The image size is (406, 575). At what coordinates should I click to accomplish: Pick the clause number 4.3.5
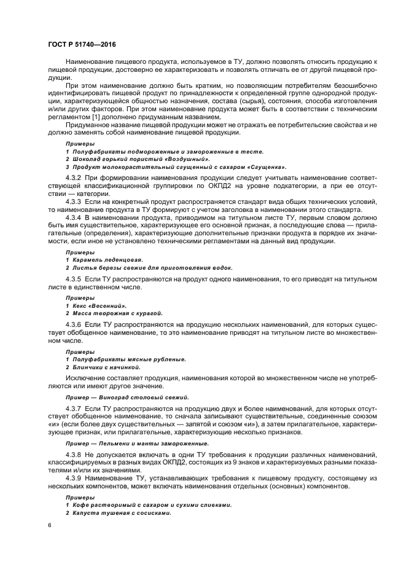click(74, 279)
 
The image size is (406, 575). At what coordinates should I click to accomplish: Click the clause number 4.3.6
click(74, 323)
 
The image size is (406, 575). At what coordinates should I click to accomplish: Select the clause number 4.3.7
click(74, 408)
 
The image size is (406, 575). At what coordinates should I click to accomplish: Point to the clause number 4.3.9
click(74, 477)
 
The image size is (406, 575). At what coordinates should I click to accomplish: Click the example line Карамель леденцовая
click(108, 260)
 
